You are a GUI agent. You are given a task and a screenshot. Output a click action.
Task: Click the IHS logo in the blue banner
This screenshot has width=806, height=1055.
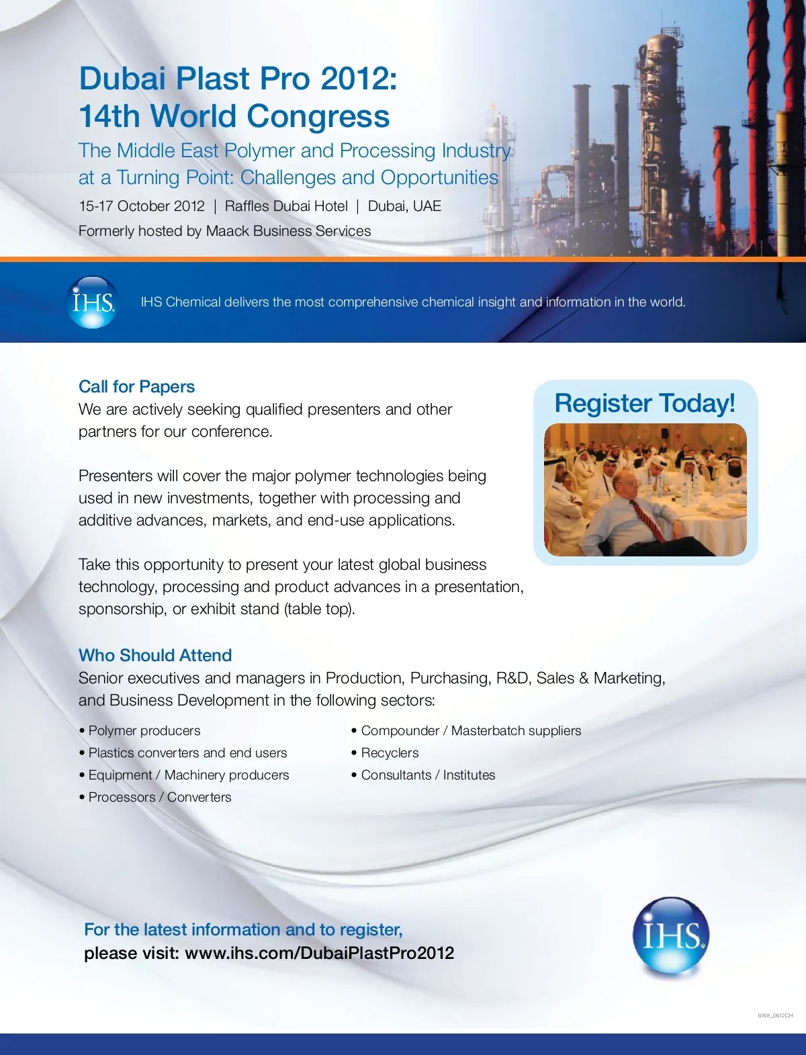pyautogui.click(x=93, y=302)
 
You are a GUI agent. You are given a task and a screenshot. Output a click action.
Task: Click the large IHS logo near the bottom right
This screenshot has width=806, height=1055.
pyautogui.click(x=670, y=935)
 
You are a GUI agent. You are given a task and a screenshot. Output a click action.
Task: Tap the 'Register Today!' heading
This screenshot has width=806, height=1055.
pyautogui.click(x=645, y=403)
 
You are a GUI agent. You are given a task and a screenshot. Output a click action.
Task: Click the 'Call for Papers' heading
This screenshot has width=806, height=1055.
pyautogui.click(x=136, y=386)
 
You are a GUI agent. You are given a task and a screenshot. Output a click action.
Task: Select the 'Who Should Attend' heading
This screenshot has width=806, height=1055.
pyautogui.click(x=155, y=655)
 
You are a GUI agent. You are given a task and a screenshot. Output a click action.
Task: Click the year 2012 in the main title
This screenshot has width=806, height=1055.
pyautogui.click(x=355, y=79)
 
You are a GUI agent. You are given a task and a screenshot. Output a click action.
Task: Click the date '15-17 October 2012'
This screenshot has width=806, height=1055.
pyautogui.click(x=142, y=206)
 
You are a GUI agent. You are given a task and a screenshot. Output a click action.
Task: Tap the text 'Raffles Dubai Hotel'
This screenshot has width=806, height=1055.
pyautogui.click(x=286, y=206)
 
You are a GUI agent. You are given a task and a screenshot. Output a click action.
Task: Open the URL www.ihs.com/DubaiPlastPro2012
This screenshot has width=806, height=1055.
pyautogui.click(x=319, y=953)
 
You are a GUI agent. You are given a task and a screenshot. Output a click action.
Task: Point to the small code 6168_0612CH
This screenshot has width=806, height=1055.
pyautogui.click(x=775, y=1015)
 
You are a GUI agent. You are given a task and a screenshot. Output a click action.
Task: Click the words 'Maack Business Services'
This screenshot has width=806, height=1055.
pyautogui.click(x=288, y=231)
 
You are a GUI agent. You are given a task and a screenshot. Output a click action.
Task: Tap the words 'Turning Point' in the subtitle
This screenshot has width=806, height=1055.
pyautogui.click(x=174, y=177)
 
